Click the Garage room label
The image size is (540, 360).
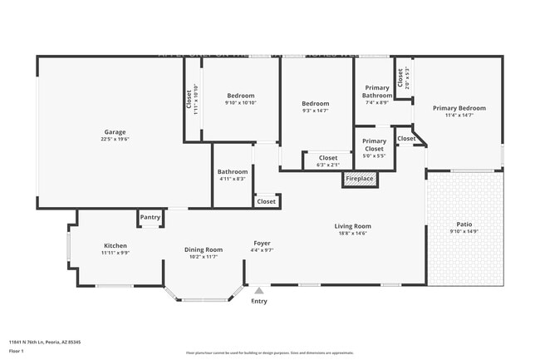pyautogui.click(x=115, y=131)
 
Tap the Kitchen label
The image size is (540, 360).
pyautogui.click(x=115, y=245)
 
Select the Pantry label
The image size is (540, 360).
pyautogui.click(x=150, y=217)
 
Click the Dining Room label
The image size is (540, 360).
pyautogui.click(x=203, y=249)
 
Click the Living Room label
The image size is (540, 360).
pyautogui.click(x=352, y=226)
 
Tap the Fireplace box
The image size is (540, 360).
pyautogui.click(x=360, y=179)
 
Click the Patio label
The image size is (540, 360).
pyautogui.click(x=464, y=224)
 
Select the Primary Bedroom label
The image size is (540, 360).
pyautogui.click(x=459, y=108)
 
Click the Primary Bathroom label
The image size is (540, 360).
pyautogui.click(x=376, y=91)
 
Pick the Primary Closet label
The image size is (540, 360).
pyautogui.click(x=374, y=145)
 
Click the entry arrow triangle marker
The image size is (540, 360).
pyautogui.click(x=259, y=290)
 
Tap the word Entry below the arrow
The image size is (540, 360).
pyautogui.click(x=259, y=301)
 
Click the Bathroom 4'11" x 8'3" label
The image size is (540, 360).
pyautogui.click(x=233, y=172)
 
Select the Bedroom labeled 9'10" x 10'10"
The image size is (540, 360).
pyautogui.click(x=240, y=96)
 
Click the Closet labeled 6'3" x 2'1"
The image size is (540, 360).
pyautogui.click(x=328, y=157)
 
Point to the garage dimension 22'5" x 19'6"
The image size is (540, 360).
pyautogui.click(x=115, y=139)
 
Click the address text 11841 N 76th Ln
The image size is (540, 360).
pyautogui.click(x=45, y=342)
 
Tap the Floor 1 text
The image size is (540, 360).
pyautogui.click(x=17, y=352)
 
